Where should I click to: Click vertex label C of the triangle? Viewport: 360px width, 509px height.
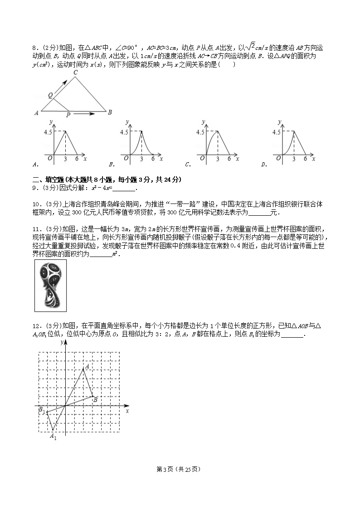(x=75, y=73)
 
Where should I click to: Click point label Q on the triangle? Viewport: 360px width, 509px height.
(x=50, y=96)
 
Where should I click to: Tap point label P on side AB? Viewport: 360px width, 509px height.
(x=68, y=115)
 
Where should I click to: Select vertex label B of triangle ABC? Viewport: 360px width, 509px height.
(x=110, y=112)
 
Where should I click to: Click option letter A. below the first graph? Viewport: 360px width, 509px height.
(x=35, y=164)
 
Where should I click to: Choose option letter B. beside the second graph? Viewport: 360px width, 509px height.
(x=111, y=164)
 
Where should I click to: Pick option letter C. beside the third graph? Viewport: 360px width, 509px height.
(x=187, y=164)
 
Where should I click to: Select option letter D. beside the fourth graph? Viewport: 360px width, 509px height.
(x=263, y=164)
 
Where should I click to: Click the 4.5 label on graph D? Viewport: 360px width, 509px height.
(x=277, y=132)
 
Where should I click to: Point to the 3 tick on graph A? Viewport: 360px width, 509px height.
(x=65, y=159)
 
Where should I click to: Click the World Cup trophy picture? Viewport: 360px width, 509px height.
(x=50, y=286)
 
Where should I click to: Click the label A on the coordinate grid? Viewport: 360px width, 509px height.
(x=87, y=365)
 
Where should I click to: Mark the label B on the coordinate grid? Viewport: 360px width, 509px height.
(x=95, y=399)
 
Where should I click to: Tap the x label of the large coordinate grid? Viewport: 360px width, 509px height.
(x=127, y=411)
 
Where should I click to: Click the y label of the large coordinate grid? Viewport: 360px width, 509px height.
(x=61, y=343)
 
